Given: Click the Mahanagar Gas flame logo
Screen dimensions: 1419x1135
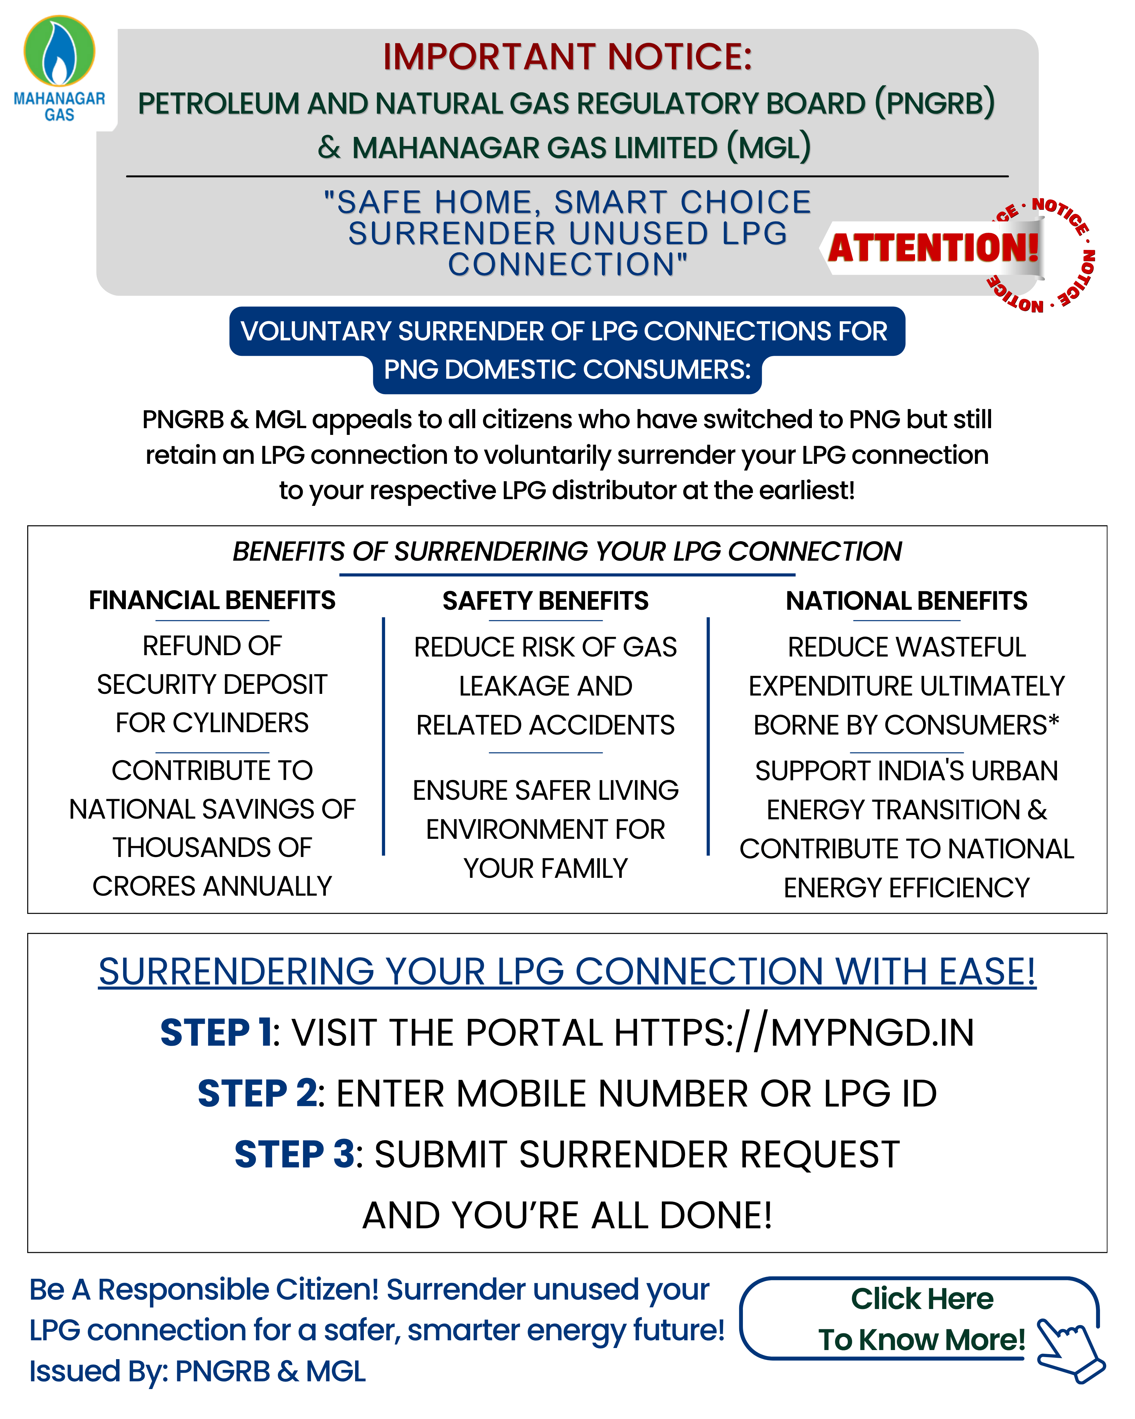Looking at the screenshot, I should pyautogui.click(x=59, y=51).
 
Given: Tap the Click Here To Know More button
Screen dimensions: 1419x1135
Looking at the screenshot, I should pyautogui.click(x=921, y=1319).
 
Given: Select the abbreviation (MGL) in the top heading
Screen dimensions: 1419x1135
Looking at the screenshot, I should pyautogui.click(x=768, y=147).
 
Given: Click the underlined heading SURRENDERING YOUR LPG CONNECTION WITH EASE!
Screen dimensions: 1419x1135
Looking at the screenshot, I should pyautogui.click(x=567, y=971).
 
